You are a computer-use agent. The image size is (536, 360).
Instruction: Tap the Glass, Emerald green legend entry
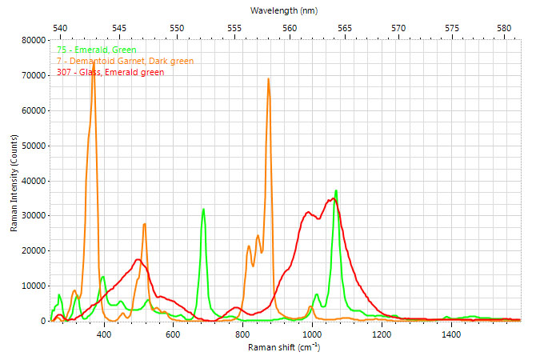tap(110, 72)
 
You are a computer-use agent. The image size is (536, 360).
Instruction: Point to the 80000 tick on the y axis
tap(32, 40)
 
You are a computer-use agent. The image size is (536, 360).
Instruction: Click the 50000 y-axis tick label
tap(32, 145)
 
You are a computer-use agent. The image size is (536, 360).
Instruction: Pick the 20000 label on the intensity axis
tap(32, 250)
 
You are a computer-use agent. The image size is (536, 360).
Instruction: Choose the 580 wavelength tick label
tap(504, 27)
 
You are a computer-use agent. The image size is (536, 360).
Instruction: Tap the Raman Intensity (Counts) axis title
tap(14, 180)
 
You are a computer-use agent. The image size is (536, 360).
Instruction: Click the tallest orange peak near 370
tap(94, 60)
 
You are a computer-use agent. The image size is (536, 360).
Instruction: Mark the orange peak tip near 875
tap(269, 78)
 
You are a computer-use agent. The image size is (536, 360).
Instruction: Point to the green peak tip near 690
tap(204, 209)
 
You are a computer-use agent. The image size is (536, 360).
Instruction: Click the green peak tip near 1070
tap(336, 190)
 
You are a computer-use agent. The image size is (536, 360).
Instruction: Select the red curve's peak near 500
tap(138, 259)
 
